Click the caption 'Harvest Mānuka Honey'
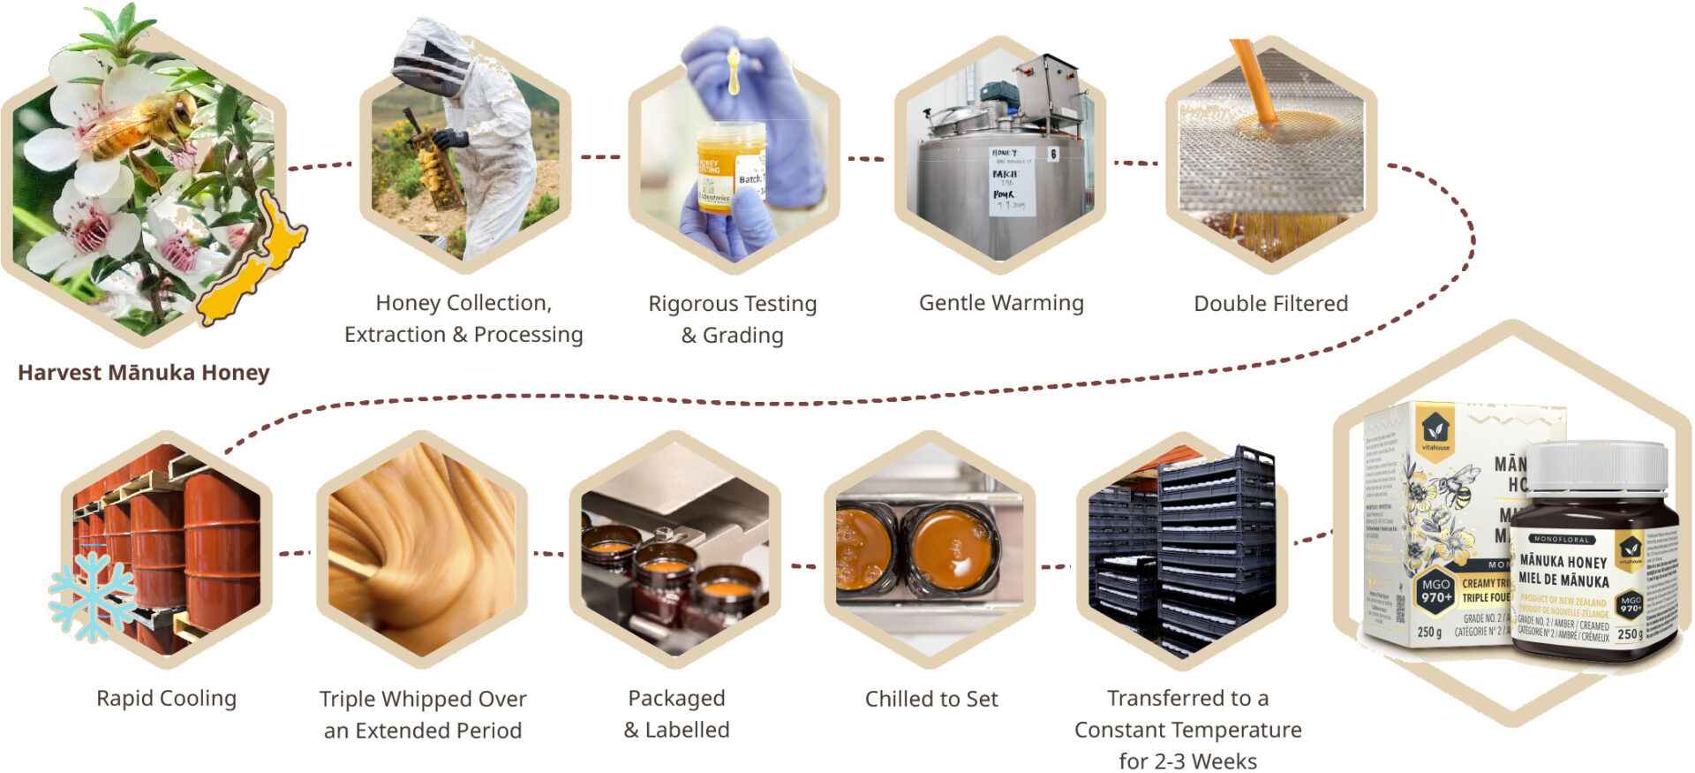[x=143, y=372]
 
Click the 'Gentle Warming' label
[x=1001, y=303]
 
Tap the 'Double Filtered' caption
[x=1270, y=303]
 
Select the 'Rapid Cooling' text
[x=166, y=698]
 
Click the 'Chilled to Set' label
[x=931, y=699]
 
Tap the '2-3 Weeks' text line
[x=1187, y=761]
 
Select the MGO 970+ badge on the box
[x=1436, y=591]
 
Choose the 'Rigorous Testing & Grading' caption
[x=732, y=319]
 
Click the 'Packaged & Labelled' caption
[x=676, y=714]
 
